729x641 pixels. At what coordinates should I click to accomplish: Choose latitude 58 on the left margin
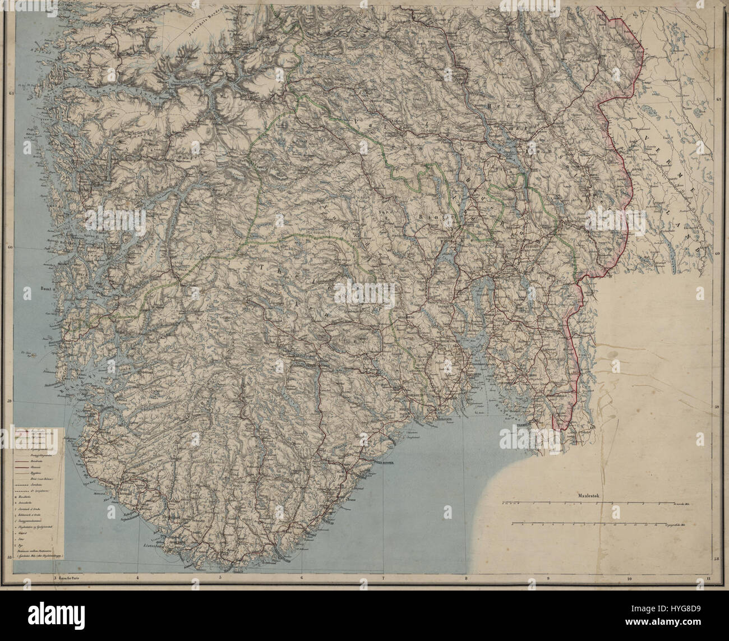click(x=11, y=557)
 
